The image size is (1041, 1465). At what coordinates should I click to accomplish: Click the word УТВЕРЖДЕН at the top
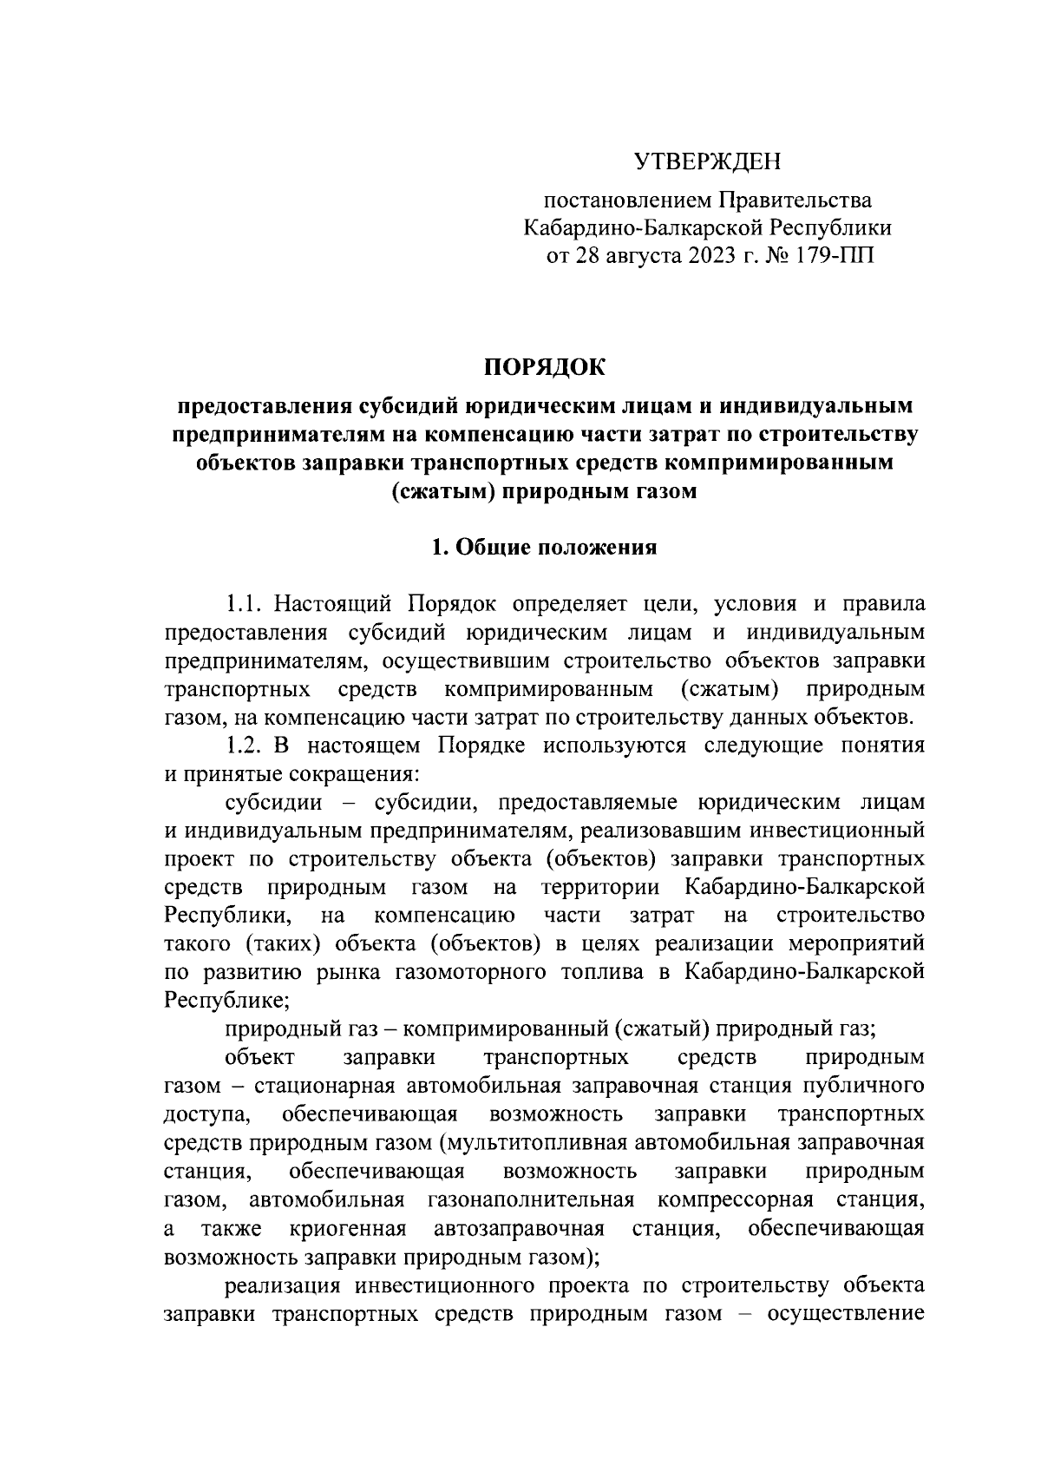[707, 161]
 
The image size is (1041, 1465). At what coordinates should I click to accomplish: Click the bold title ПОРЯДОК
[545, 367]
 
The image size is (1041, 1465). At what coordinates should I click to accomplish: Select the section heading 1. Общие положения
[545, 548]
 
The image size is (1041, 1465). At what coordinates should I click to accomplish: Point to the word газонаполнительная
[531, 1200]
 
